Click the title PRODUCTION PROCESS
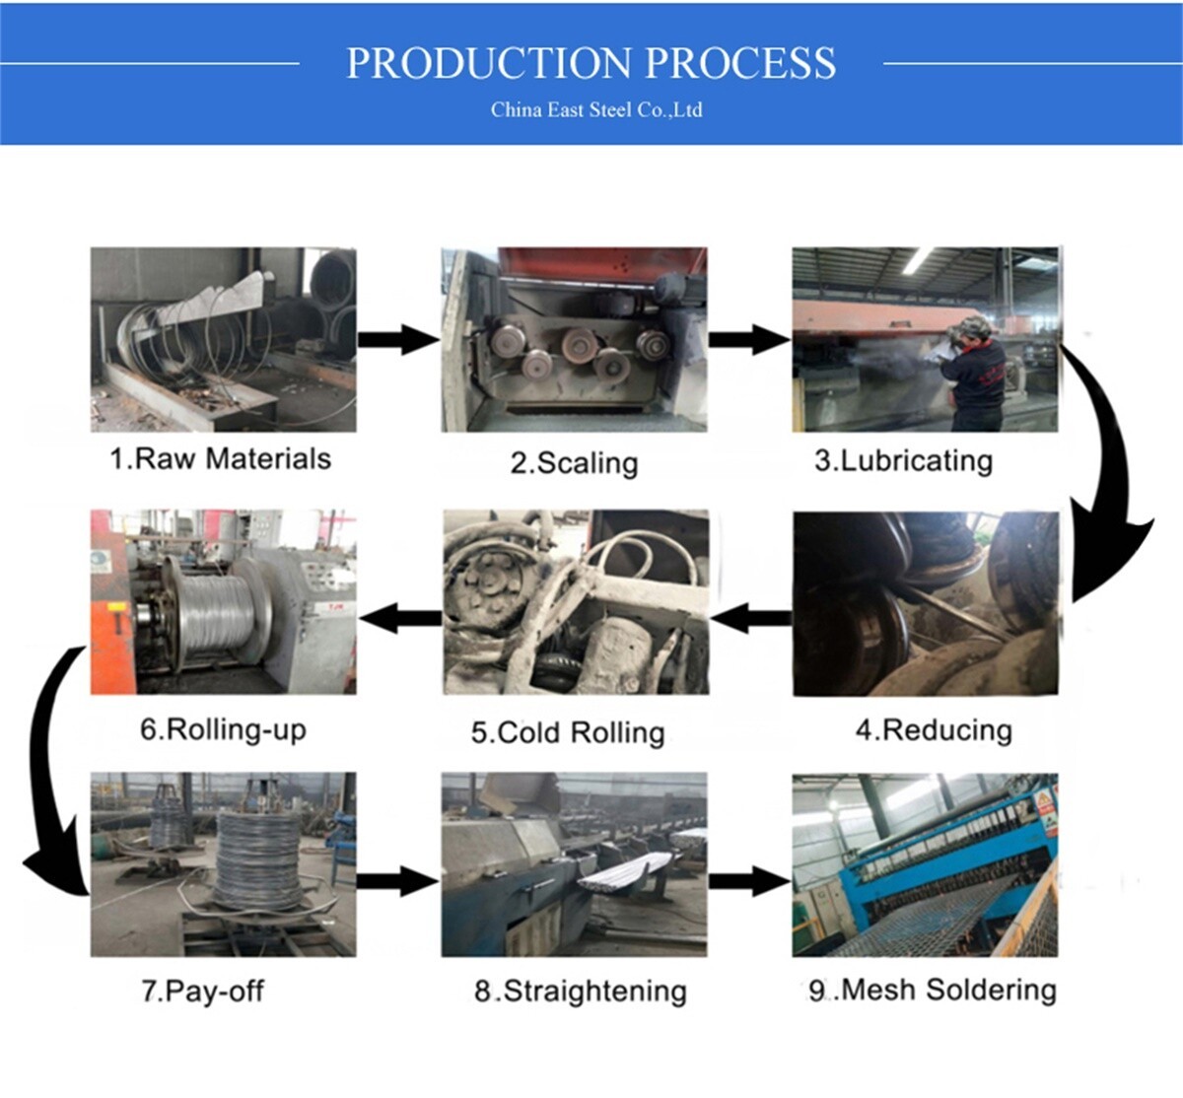591,63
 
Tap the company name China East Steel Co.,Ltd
596,109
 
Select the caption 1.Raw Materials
220,459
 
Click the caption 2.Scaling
574,463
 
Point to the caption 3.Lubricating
903,461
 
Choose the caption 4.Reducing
934,730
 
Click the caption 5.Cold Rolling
568,732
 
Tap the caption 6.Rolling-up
223,729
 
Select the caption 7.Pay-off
202,991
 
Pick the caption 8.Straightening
580,991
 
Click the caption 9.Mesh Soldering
932,990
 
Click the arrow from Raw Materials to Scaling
397,340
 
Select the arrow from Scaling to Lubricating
749,340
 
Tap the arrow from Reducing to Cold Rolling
750,619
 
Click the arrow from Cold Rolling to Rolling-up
399,619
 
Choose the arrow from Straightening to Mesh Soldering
749,880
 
